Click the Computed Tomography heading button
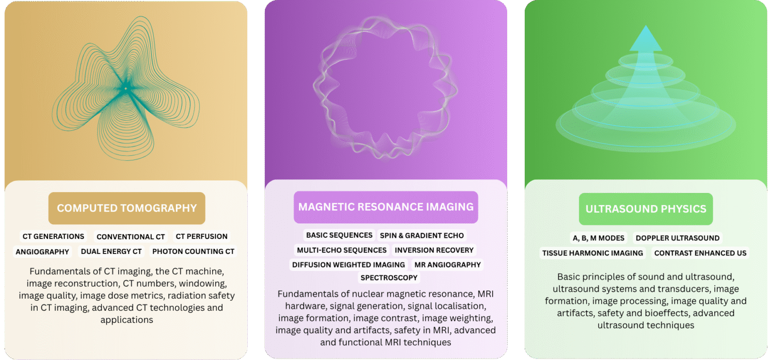127,208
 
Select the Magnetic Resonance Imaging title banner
385,207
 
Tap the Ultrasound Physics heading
646,209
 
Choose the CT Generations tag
53,236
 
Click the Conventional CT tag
131,237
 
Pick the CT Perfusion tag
202,236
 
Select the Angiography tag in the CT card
42,252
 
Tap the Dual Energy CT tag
111,251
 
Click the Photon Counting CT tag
194,251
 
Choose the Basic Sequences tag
339,235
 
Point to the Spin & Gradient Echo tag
422,235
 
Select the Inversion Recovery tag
434,250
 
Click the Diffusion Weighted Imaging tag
348,264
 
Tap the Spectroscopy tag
389,278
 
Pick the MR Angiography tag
447,264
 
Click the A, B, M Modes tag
598,238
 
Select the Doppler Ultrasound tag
678,238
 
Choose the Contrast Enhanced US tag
700,253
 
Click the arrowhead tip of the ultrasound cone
646,26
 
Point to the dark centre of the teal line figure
126,88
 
